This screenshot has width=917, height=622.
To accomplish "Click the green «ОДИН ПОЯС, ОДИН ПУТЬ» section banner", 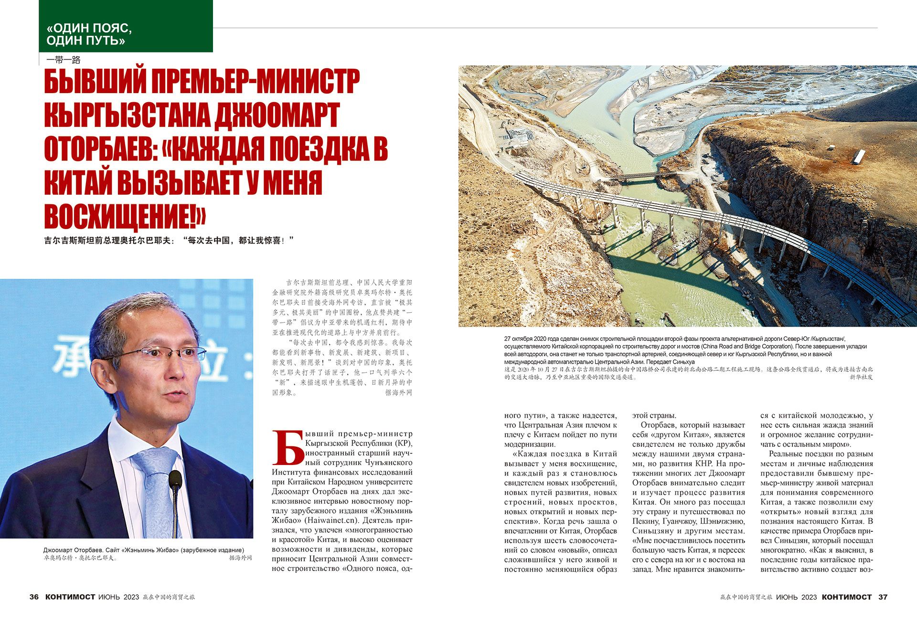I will coord(126,26).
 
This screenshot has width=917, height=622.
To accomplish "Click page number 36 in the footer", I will coord(34,597).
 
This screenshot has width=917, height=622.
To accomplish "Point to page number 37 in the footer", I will coord(883,597).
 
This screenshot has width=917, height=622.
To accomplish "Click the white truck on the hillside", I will coord(859,156).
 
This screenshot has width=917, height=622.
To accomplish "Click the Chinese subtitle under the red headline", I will coord(169,241).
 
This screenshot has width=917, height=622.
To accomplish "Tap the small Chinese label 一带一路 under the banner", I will coord(64,60).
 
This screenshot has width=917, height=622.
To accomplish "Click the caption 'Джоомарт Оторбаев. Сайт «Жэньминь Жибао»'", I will coord(143,550).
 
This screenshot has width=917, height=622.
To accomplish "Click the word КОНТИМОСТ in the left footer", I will coord(70,597).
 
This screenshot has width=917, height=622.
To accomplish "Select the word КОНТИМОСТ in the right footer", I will coord(847,597).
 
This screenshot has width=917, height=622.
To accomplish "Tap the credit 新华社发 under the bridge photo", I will coord(861,377).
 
